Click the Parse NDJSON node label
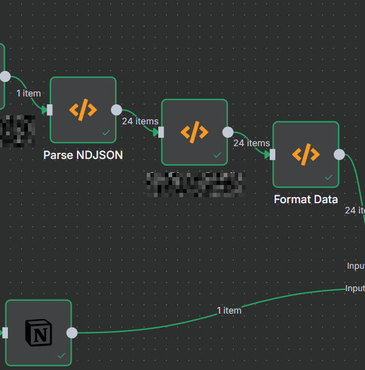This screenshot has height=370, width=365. (83, 155)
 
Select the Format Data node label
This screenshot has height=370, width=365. (306, 200)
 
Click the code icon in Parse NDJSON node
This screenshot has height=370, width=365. (83, 110)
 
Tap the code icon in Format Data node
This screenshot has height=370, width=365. (306, 154)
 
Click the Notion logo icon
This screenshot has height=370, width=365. (39, 332)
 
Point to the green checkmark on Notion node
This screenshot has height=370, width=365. (61, 355)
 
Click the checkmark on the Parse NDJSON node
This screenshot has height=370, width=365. (105, 132)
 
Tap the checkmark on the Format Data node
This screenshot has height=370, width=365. (328, 177)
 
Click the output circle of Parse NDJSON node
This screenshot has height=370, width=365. (116, 110)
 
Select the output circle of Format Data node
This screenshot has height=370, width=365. (339, 154)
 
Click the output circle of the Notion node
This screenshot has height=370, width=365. (72, 332)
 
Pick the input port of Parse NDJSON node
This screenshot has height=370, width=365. (50, 110)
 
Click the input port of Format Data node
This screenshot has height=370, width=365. (272, 154)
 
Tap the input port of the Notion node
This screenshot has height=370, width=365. (5, 332)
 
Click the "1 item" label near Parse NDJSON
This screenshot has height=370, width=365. (28, 93)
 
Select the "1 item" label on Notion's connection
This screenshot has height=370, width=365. (229, 311)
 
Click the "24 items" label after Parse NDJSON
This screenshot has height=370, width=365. (139, 121)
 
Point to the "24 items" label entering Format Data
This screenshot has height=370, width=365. (251, 143)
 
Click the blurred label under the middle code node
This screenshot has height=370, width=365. (195, 184)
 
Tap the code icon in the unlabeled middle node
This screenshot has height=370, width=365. (195, 132)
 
